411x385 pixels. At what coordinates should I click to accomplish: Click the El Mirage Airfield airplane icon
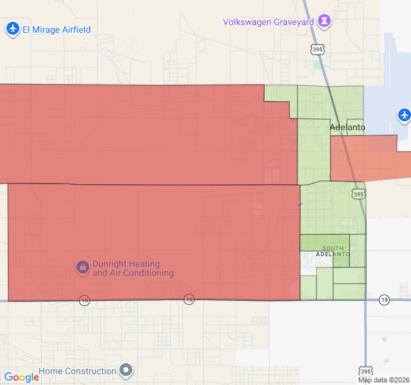click(13, 29)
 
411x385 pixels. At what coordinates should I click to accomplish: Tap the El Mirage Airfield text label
click(57, 30)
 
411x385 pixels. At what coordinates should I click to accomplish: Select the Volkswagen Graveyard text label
click(268, 22)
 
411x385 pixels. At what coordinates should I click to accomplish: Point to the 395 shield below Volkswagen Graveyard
click(316, 49)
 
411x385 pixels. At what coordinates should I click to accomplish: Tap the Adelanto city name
click(347, 128)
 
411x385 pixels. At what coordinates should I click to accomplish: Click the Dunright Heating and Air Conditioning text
click(133, 268)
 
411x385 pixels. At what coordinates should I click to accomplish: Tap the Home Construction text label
click(78, 371)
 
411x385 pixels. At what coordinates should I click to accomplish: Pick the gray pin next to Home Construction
click(127, 370)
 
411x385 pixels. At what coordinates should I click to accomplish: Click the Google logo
click(22, 377)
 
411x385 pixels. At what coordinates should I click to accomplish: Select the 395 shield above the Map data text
click(365, 371)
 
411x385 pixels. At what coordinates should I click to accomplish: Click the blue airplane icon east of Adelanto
click(404, 115)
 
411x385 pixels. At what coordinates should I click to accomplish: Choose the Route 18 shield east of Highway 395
click(384, 299)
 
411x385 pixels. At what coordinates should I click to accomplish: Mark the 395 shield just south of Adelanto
click(358, 194)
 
